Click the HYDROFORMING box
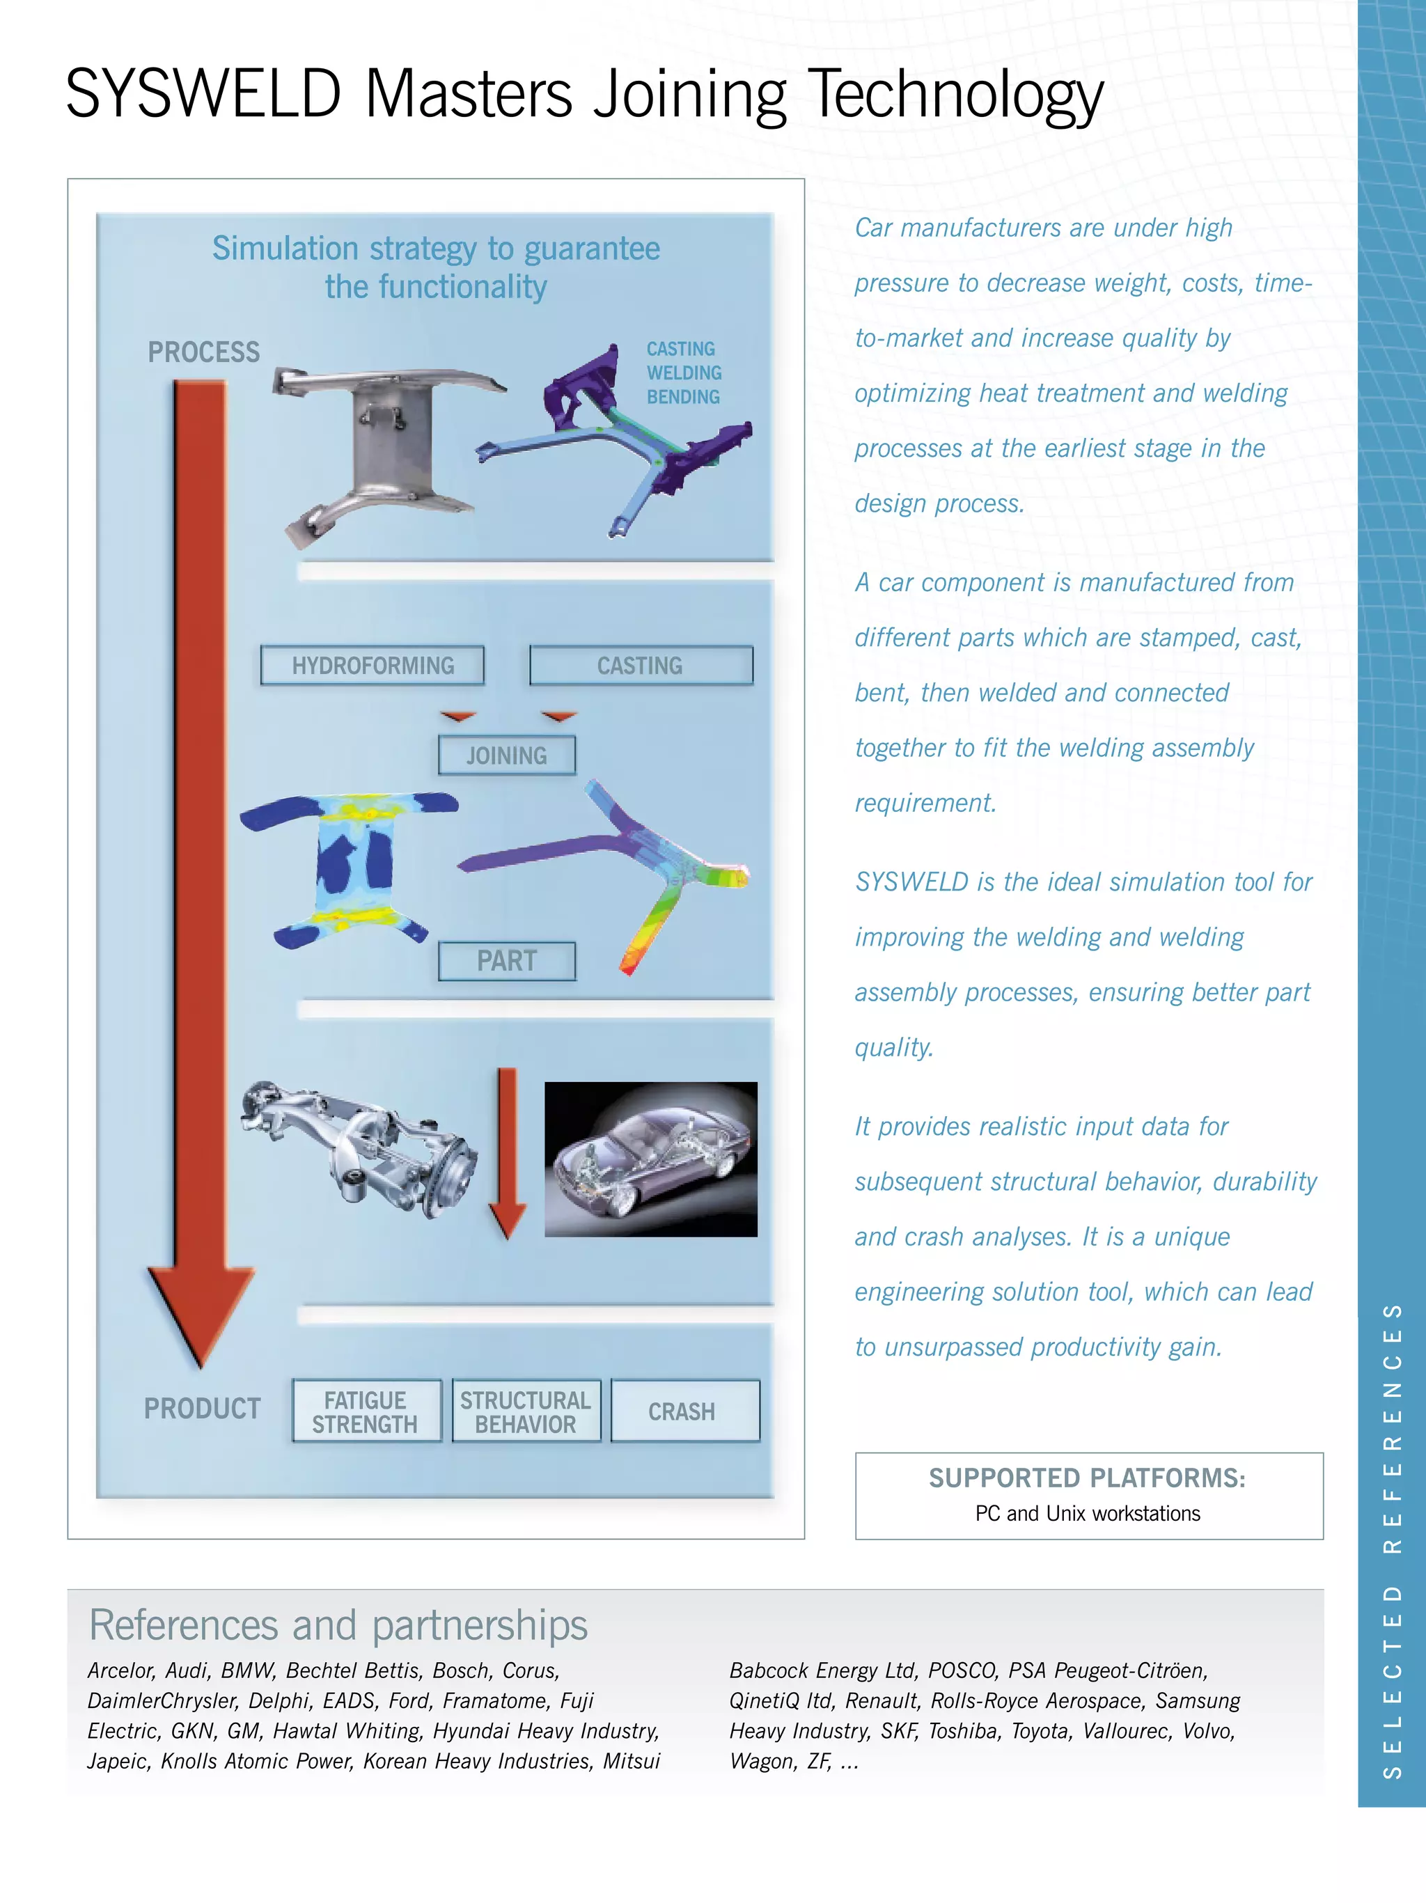click(373, 665)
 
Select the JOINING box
click(507, 755)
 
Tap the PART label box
click(507, 961)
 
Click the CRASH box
click(684, 1411)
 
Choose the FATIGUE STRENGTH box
click(366, 1411)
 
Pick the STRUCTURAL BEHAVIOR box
click(526, 1411)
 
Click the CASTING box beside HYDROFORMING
click(641, 665)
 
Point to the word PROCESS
click(204, 352)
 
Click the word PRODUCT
click(202, 1409)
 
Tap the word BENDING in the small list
click(683, 397)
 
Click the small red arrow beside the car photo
click(508, 1153)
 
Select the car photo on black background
click(651, 1159)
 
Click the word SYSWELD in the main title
click(204, 93)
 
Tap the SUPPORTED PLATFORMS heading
click(1087, 1478)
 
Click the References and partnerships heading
click(338, 1625)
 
